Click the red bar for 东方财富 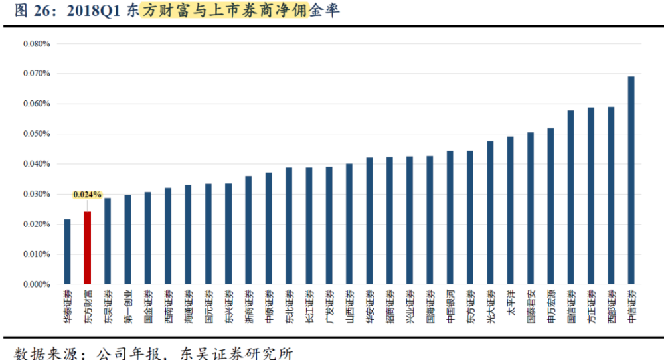(87, 247)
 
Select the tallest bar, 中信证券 (631, 180)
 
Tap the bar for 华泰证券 (67, 251)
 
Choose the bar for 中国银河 (450, 217)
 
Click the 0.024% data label (88, 195)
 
